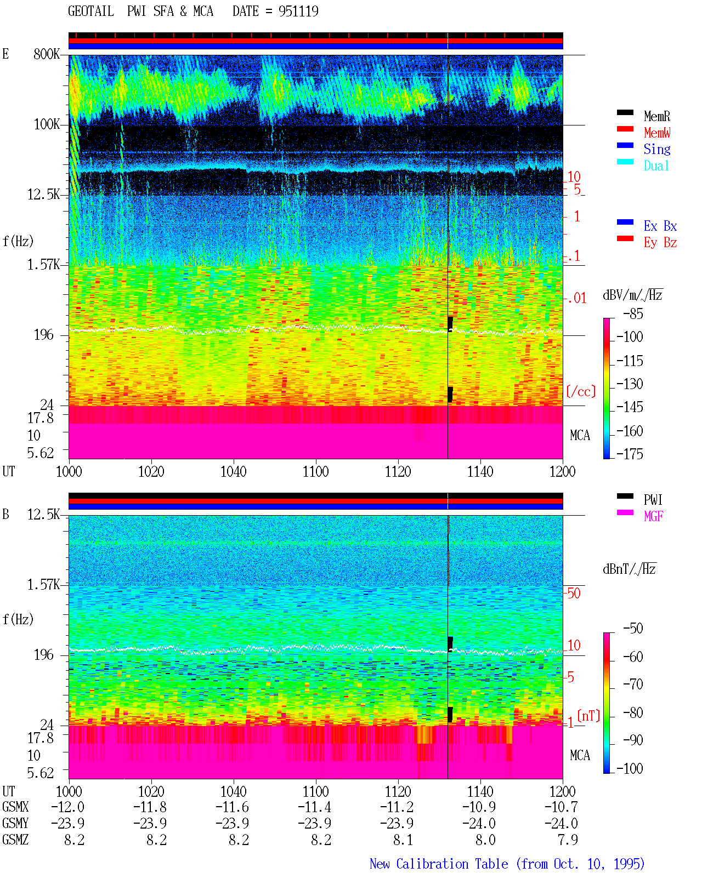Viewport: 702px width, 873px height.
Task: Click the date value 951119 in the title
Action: pos(298,11)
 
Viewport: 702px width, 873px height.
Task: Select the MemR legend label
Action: pos(656,116)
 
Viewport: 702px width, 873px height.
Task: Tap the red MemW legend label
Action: pos(657,133)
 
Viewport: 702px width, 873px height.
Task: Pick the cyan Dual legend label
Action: pos(656,166)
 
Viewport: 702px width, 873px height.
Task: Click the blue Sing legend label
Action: pos(657,149)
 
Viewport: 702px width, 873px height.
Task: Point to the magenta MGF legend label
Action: pos(653,516)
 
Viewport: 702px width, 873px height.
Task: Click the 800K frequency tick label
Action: pos(47,54)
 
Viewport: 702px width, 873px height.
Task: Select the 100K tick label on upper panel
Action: pos(47,124)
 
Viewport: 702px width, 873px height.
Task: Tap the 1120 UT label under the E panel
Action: pos(398,471)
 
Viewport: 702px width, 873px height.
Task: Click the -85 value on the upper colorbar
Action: pos(633,313)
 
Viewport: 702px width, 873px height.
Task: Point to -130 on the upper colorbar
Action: pos(630,384)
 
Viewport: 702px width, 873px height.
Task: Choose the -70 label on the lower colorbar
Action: pos(633,684)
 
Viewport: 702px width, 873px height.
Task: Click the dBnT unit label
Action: pos(629,569)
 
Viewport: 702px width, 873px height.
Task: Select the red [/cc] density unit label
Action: pos(581,391)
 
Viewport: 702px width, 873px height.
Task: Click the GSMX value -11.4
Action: pos(314,807)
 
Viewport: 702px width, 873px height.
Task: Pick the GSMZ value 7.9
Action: pos(568,840)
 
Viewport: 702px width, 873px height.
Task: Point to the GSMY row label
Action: pos(15,823)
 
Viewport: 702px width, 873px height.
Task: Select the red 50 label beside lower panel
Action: pos(574,593)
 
